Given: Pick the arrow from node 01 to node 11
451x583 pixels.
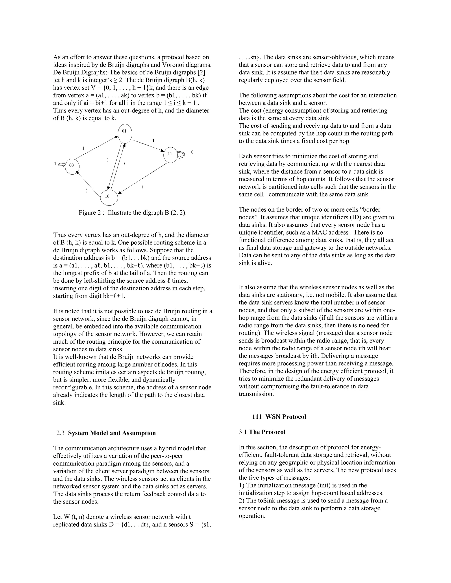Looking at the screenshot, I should [148, 145].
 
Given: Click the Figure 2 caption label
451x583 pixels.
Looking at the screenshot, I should [133, 213].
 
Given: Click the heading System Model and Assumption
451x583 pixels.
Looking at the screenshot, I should [112, 433].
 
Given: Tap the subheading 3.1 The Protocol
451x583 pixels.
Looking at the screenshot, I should [262, 432].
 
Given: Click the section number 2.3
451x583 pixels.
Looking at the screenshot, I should [60, 433].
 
